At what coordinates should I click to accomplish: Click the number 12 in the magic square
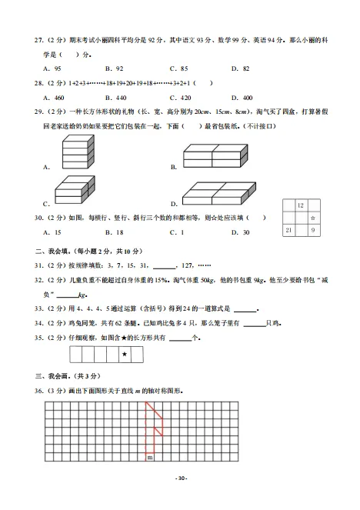pyautogui.click(x=300, y=205)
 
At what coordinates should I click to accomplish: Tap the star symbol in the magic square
pyautogui.click(x=313, y=218)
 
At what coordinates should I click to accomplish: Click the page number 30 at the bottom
pyautogui.click(x=180, y=478)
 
